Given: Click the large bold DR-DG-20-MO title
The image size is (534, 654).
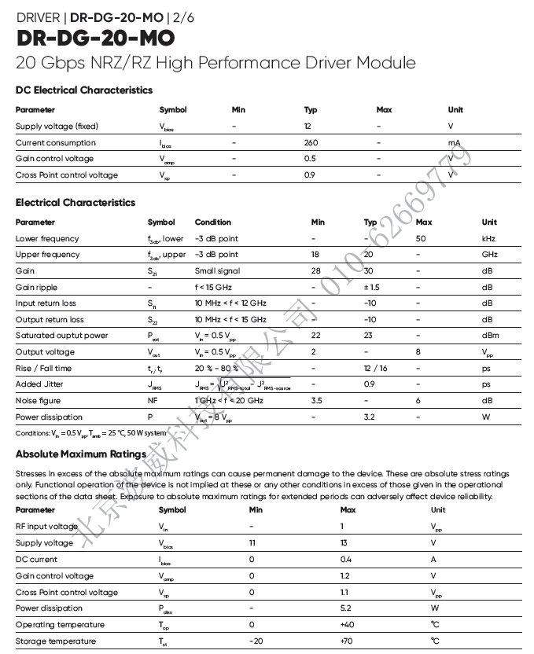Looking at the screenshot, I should point(94,38).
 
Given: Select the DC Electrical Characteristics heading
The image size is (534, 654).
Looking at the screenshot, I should point(84,90).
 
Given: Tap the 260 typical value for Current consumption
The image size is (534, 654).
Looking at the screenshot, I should point(311,143).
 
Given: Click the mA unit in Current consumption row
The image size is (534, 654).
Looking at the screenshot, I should point(454,143).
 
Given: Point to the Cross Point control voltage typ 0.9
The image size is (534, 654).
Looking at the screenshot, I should point(309,175).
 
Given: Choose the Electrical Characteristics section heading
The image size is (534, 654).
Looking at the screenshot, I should point(75,203).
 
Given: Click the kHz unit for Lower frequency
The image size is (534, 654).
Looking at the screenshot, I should point(488,238).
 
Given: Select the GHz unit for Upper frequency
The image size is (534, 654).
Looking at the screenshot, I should point(489,255).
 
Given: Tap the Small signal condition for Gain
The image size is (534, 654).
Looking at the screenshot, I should point(216,270).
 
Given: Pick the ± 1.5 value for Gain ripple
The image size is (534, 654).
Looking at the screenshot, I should point(371,287).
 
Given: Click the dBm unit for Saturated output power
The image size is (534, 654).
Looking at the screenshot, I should point(490,336).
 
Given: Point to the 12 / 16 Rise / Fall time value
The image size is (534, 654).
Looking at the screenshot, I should point(375,368).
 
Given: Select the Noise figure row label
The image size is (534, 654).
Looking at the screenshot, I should point(38,401).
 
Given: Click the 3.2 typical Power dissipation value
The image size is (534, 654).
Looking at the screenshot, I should point(369,417).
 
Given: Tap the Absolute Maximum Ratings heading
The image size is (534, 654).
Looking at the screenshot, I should point(81,454).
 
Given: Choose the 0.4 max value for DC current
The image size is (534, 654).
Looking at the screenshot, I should point(346,560).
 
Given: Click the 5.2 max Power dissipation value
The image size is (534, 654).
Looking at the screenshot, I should point(346,608).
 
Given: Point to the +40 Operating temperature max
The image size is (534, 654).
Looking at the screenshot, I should point(348,625).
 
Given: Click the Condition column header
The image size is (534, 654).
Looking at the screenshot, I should point(213,222).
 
